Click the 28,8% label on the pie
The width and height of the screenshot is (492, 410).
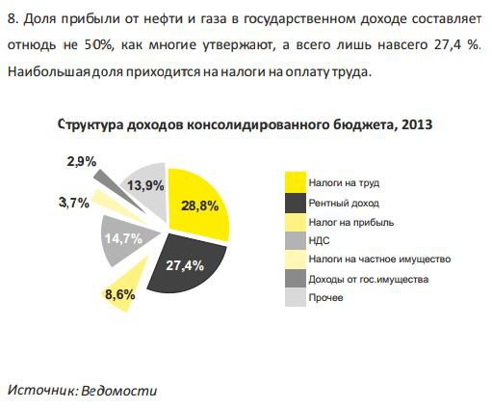(x=200, y=205)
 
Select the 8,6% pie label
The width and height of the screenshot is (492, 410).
(x=119, y=294)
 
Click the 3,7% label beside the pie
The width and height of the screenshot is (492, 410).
(x=74, y=203)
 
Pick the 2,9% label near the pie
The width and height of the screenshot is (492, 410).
(x=81, y=162)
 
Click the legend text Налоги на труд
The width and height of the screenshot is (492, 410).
(x=344, y=182)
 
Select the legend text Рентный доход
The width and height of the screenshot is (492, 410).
(x=344, y=204)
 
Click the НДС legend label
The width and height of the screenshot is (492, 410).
(x=320, y=241)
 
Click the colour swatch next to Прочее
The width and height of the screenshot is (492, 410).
(x=295, y=298)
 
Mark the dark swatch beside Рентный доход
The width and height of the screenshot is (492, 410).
(x=295, y=204)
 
